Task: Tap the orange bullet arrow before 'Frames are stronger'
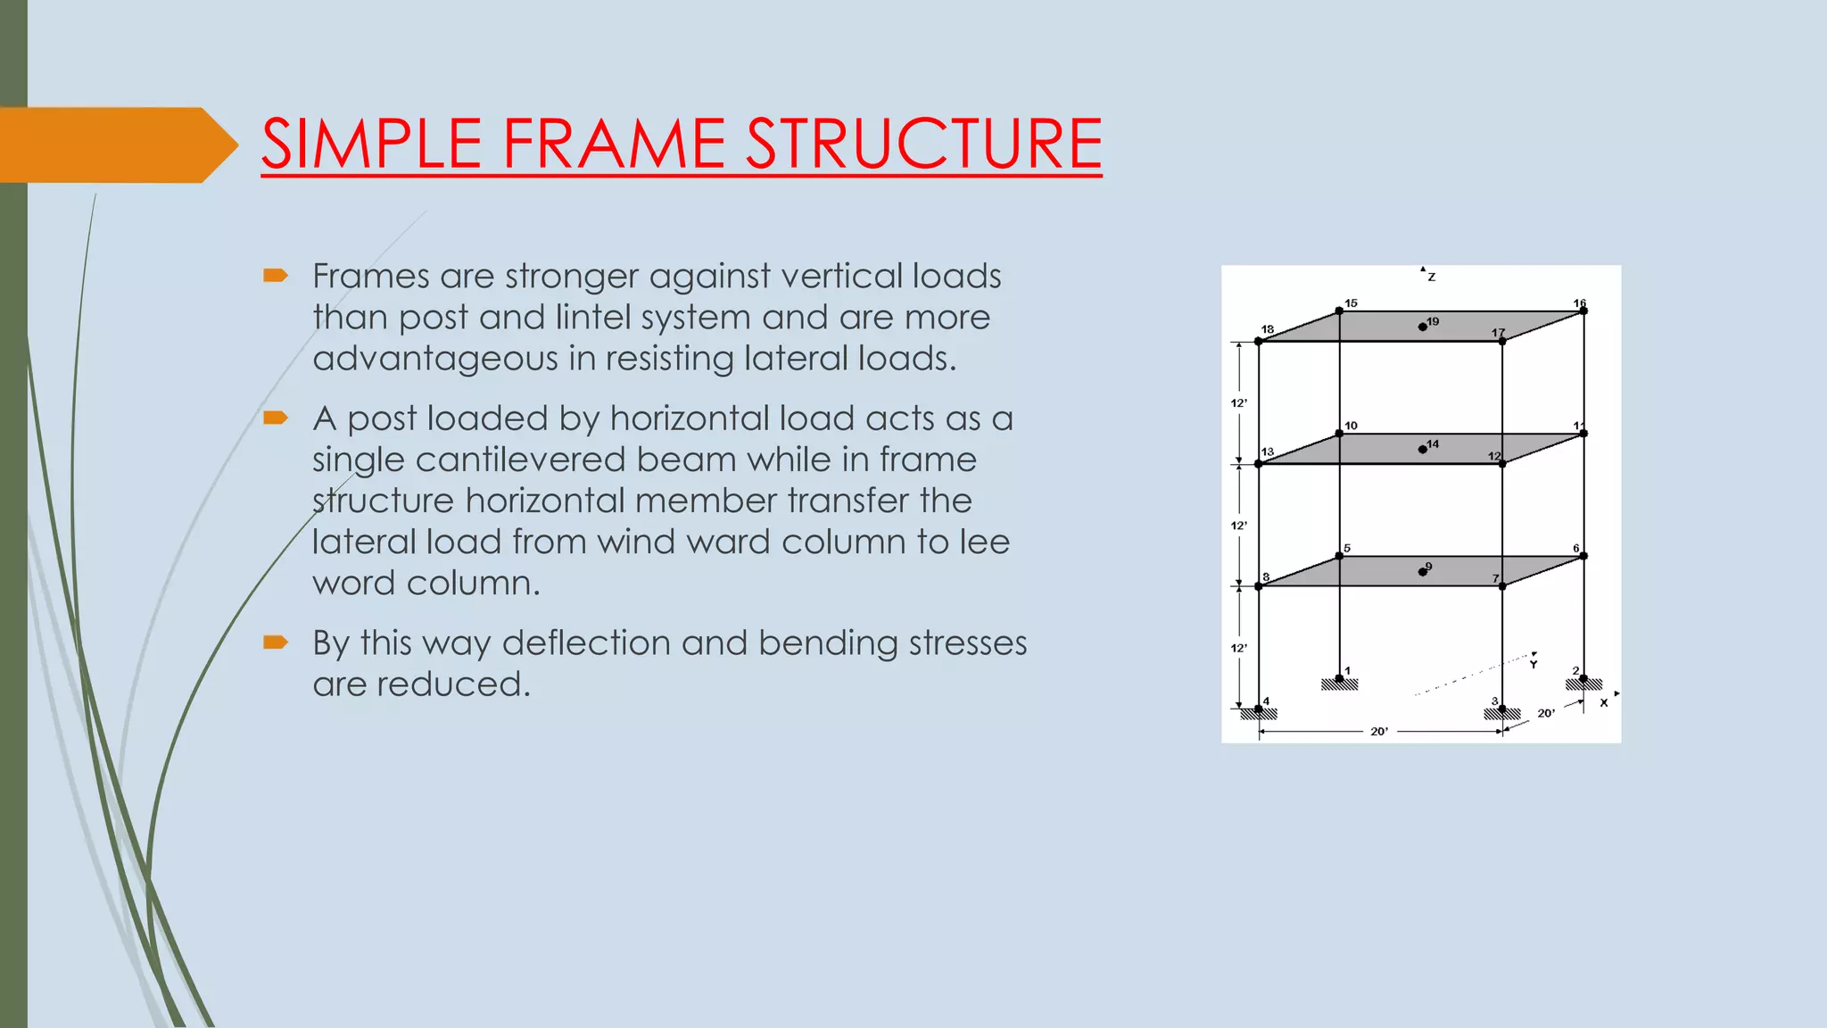[276, 276]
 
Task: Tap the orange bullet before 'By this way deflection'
[276, 642]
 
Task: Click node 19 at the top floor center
[1422, 327]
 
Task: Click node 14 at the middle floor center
[1422, 449]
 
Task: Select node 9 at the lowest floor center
[1422, 571]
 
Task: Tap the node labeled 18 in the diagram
[1259, 341]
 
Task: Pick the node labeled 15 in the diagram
[1339, 311]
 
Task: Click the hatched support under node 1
[1339, 685]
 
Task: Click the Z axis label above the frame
[1431, 278]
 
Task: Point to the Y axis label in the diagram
[1534, 665]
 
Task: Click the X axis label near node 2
[1604, 703]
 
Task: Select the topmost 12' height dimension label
[1238, 403]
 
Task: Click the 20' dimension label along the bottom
[1379, 732]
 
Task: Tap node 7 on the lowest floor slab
[1502, 586]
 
